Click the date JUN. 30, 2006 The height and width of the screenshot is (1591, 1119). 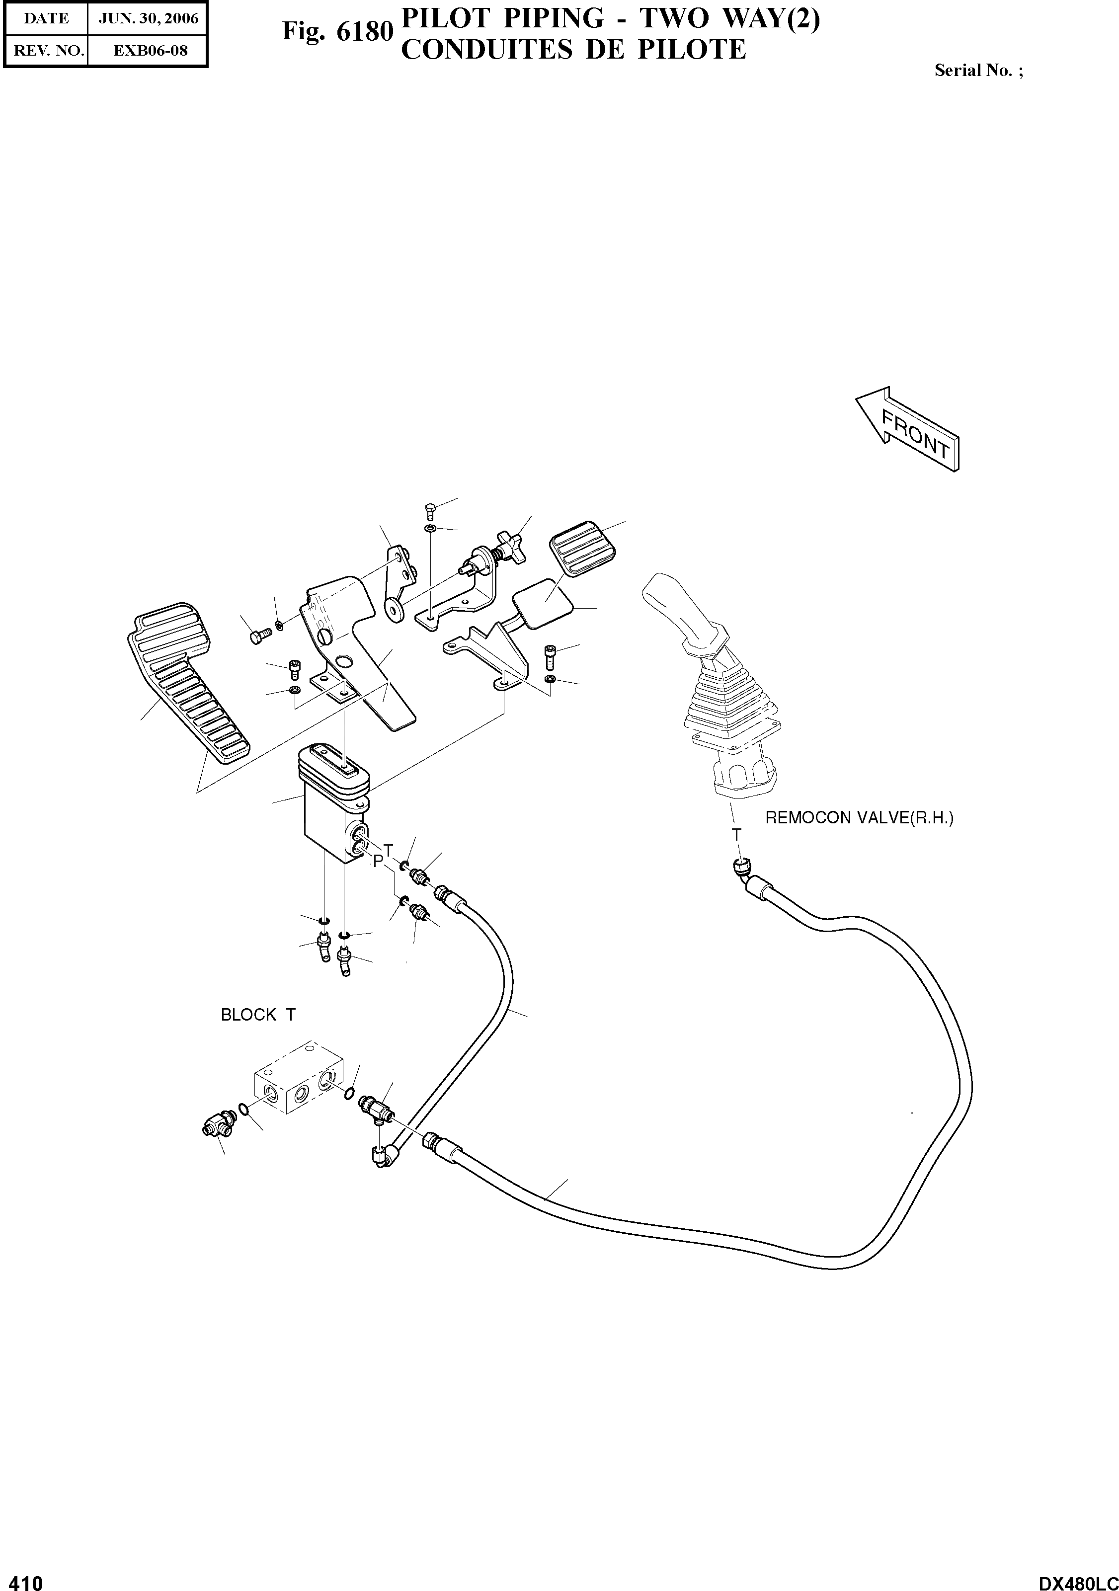148,19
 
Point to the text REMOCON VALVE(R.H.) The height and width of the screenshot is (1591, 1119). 859,818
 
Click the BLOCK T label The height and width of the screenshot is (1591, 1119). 258,1015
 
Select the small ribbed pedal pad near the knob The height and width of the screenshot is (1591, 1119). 582,548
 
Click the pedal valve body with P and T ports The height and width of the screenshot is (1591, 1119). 332,818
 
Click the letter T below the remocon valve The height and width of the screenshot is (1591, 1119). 736,835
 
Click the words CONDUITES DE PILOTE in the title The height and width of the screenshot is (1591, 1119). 574,50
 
